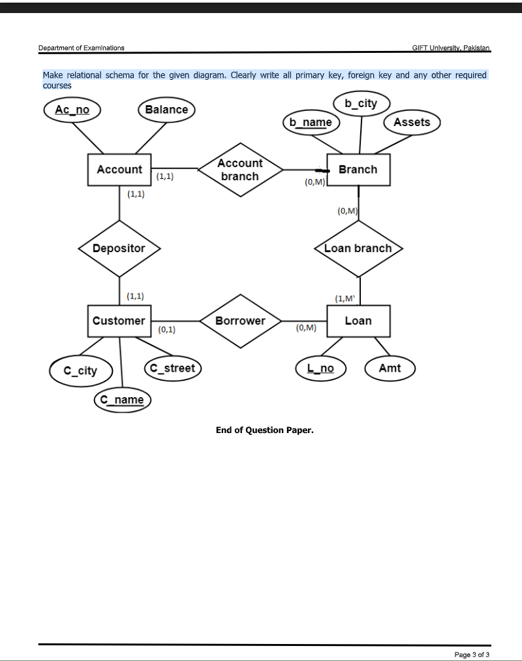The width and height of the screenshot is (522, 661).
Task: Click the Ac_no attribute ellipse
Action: (72, 110)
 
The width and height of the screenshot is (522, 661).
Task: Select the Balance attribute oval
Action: (166, 110)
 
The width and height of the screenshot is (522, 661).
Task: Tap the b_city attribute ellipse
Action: (361, 103)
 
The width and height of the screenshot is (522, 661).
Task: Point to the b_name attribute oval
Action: (311, 122)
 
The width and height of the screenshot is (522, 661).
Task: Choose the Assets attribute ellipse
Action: (412, 122)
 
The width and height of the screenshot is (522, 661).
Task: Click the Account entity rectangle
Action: (119, 170)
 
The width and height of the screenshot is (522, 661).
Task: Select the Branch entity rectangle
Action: (358, 170)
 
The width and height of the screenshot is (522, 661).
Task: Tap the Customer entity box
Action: (119, 321)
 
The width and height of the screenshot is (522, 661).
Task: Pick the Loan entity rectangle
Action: (358, 321)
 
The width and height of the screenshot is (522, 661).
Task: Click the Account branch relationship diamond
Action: (240, 170)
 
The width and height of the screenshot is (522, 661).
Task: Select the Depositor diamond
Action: (119, 248)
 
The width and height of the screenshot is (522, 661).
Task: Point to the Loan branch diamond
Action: (358, 248)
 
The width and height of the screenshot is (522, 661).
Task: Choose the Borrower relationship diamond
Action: (240, 321)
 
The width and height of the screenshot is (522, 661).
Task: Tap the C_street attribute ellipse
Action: (172, 368)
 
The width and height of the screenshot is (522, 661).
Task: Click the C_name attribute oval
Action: (122, 399)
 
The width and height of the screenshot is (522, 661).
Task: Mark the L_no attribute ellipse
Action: (320, 368)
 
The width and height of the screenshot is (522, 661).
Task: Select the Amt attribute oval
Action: (390, 368)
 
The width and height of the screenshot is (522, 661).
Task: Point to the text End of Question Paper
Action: (264, 430)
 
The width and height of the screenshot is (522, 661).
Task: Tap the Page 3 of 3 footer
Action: (472, 654)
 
